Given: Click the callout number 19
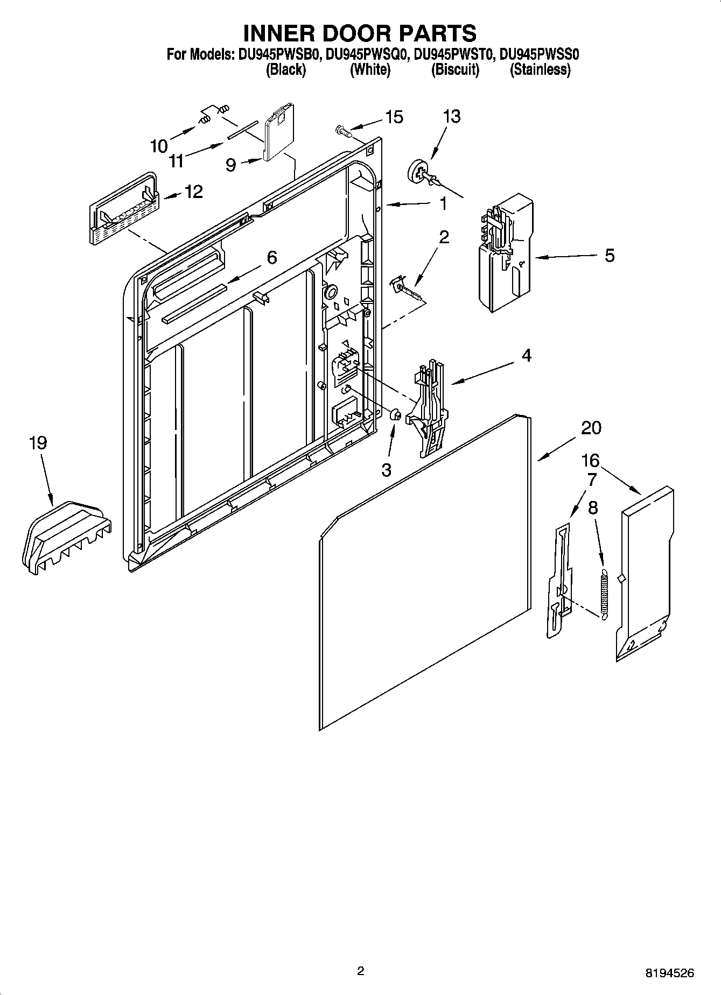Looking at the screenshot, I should [x=38, y=443].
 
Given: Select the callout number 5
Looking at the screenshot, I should [x=609, y=255].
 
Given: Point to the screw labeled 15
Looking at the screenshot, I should [x=341, y=130].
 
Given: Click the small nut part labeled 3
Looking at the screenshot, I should [x=394, y=414].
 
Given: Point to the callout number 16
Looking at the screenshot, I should [x=590, y=460].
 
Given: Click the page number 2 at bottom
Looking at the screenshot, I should [x=360, y=971].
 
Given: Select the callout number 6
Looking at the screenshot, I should [x=272, y=258].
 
